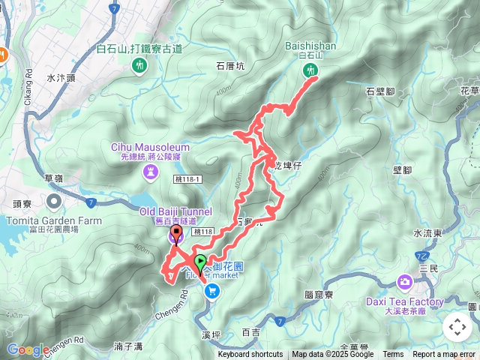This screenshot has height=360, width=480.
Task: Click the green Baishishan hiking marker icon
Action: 310,70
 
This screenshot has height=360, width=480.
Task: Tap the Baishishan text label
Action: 310,46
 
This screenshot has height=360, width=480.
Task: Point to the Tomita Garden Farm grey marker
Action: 53,202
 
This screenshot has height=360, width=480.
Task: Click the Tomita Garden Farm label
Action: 53,220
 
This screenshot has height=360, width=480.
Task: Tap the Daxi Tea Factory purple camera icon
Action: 405,283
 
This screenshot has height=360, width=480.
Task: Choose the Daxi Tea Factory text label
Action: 404,301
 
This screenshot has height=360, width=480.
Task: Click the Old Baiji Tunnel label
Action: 175,211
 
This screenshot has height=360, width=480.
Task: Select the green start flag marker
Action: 200,262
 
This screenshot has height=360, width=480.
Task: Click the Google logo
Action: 28,349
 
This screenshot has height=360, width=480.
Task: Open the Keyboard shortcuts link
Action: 250,355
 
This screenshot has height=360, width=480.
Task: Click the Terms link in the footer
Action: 393,355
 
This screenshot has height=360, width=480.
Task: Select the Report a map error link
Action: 444,355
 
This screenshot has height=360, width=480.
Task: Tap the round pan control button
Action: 457,327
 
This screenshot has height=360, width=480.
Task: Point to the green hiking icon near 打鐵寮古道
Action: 139,66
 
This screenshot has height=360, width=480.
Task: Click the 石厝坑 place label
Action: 230,65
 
